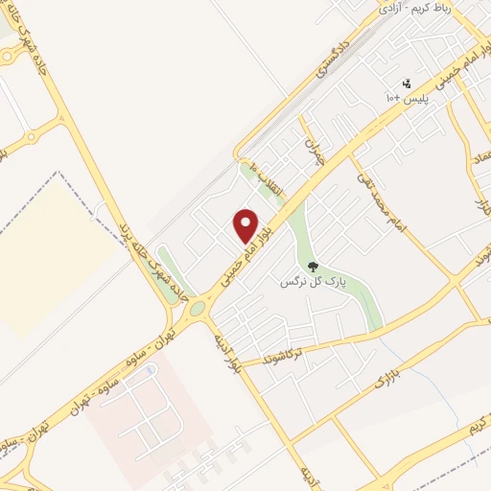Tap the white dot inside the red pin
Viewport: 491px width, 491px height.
(246, 222)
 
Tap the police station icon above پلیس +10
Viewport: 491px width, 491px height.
(407, 83)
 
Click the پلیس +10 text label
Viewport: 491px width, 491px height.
(406, 99)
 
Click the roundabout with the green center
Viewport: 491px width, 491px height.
(198, 309)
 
